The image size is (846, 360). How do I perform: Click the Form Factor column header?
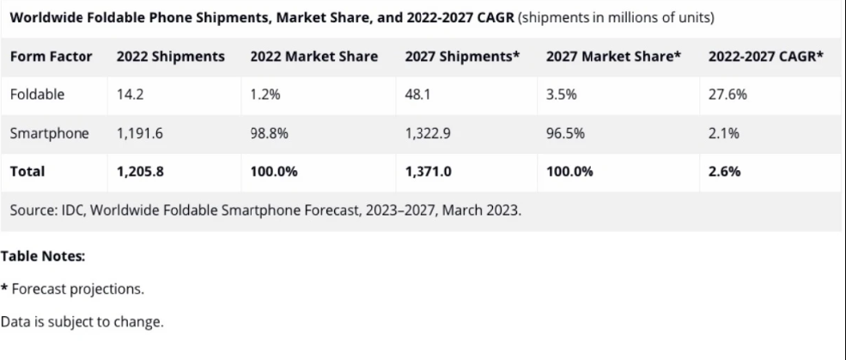tap(50, 56)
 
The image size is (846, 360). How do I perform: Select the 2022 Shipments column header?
tap(171, 56)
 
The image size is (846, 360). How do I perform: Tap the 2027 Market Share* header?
tap(613, 56)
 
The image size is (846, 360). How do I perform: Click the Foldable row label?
tap(37, 95)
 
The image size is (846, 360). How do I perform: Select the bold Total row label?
tap(27, 171)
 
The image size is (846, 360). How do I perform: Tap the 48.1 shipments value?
tap(418, 95)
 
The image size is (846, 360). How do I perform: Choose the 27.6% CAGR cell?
tap(727, 95)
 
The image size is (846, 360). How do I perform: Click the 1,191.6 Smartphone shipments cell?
tap(141, 133)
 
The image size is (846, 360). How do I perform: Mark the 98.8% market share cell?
tap(269, 133)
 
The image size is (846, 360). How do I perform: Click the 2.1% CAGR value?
tap(724, 133)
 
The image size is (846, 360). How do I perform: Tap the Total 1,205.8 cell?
tap(141, 171)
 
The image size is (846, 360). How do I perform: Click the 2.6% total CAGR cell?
tap(724, 171)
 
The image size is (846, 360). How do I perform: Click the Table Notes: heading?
tap(43, 256)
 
